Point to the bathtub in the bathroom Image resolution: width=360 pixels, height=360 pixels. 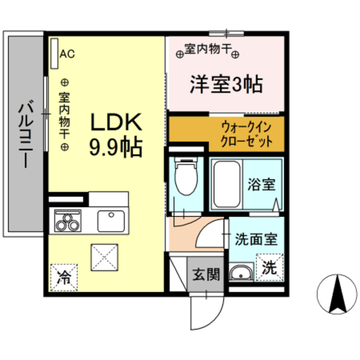click(226, 182)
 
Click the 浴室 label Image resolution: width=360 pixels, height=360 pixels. click(260, 183)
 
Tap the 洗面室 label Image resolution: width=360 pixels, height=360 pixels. click(256, 240)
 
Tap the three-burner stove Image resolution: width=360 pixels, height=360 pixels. click(68, 220)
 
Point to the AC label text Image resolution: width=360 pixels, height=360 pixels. click(67, 55)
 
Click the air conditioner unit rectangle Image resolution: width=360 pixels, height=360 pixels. click(54, 54)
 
